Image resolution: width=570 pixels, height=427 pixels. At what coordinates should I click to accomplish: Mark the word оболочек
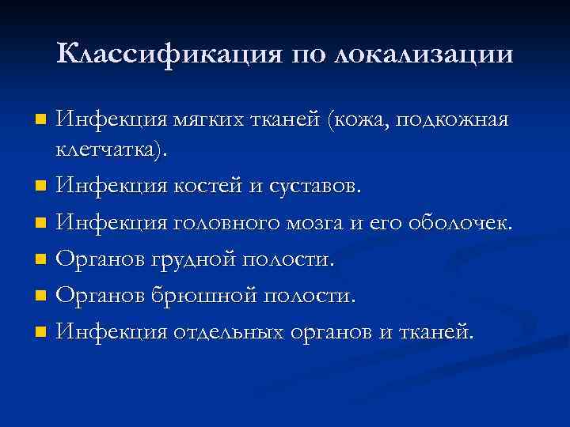click(461, 223)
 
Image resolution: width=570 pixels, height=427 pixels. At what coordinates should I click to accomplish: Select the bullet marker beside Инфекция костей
click(42, 187)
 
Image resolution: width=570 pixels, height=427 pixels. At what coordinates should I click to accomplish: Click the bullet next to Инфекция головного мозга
click(42, 224)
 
